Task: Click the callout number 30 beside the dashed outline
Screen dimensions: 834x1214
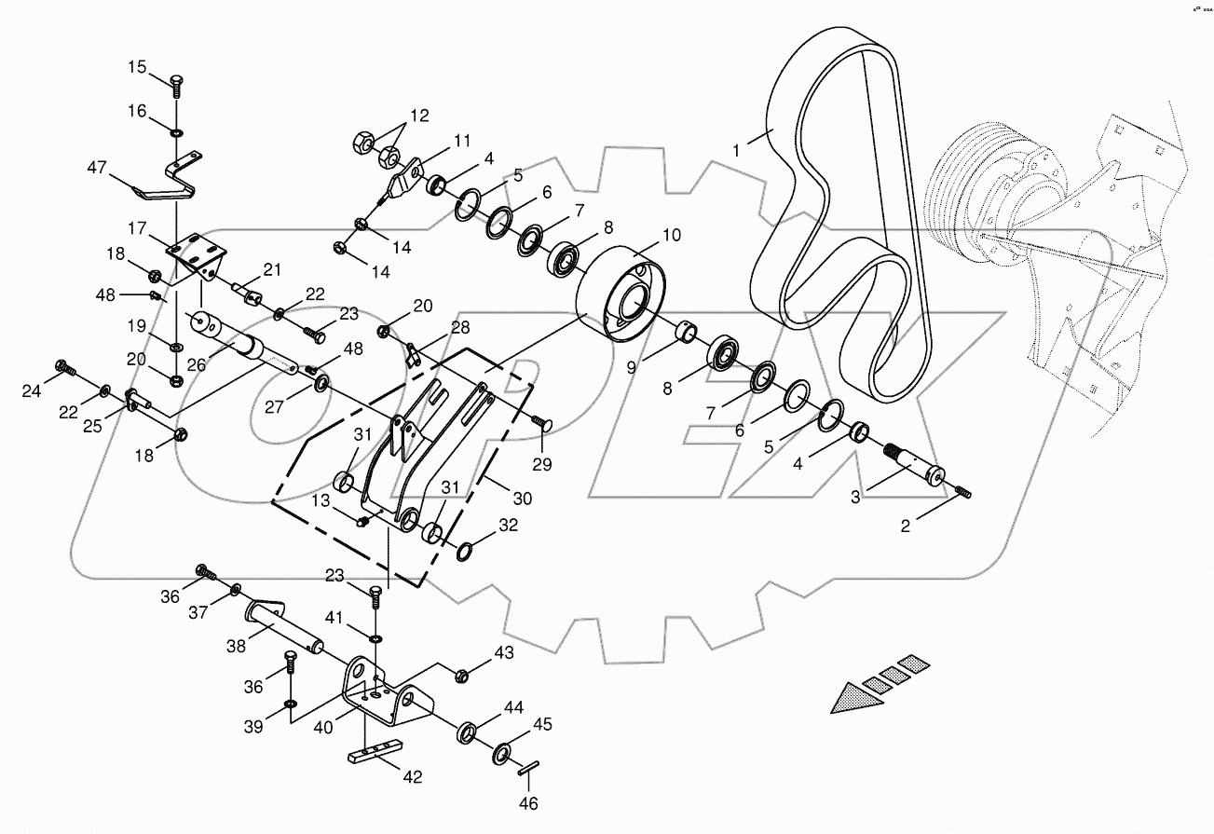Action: point(523,499)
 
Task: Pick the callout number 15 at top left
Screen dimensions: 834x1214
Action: point(137,67)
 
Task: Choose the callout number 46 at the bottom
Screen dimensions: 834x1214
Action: point(529,802)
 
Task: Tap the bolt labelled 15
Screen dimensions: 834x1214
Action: point(175,85)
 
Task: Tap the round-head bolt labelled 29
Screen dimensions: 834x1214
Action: point(543,424)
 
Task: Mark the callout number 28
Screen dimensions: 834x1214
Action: point(460,328)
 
